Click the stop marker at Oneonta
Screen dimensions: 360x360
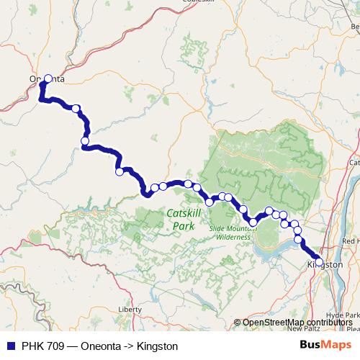(48, 79)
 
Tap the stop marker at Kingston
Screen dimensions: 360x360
(319, 261)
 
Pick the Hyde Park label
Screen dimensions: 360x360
(342, 315)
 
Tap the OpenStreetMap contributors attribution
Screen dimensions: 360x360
(297, 322)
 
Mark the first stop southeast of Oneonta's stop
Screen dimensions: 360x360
(76, 108)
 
